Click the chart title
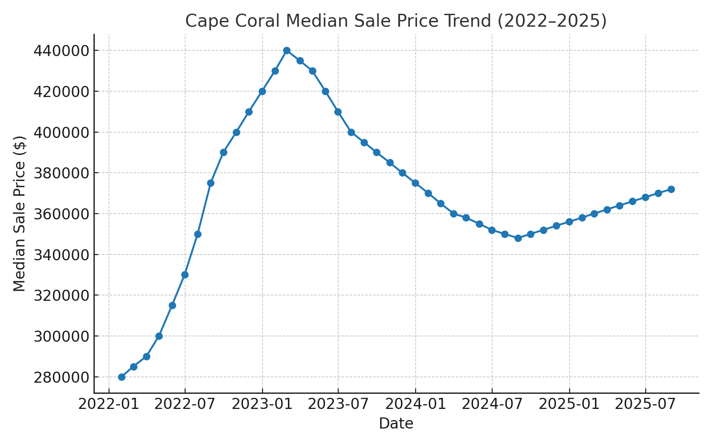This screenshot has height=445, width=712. [396, 21]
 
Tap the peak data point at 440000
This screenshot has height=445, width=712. [287, 51]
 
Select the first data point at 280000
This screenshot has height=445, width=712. [121, 377]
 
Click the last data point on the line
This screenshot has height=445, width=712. [671, 190]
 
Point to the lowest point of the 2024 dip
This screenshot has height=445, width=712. [518, 239]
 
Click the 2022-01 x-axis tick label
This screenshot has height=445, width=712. [109, 405]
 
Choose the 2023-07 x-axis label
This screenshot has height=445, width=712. [338, 405]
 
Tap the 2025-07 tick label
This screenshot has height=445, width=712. [645, 405]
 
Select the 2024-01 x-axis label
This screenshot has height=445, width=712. [416, 405]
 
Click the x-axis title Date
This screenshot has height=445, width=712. [396, 424]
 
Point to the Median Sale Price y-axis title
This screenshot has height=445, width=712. [20, 214]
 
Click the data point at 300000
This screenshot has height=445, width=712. [159, 336]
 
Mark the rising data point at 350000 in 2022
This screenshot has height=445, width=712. [198, 234]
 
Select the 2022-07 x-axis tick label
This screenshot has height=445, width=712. [185, 405]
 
